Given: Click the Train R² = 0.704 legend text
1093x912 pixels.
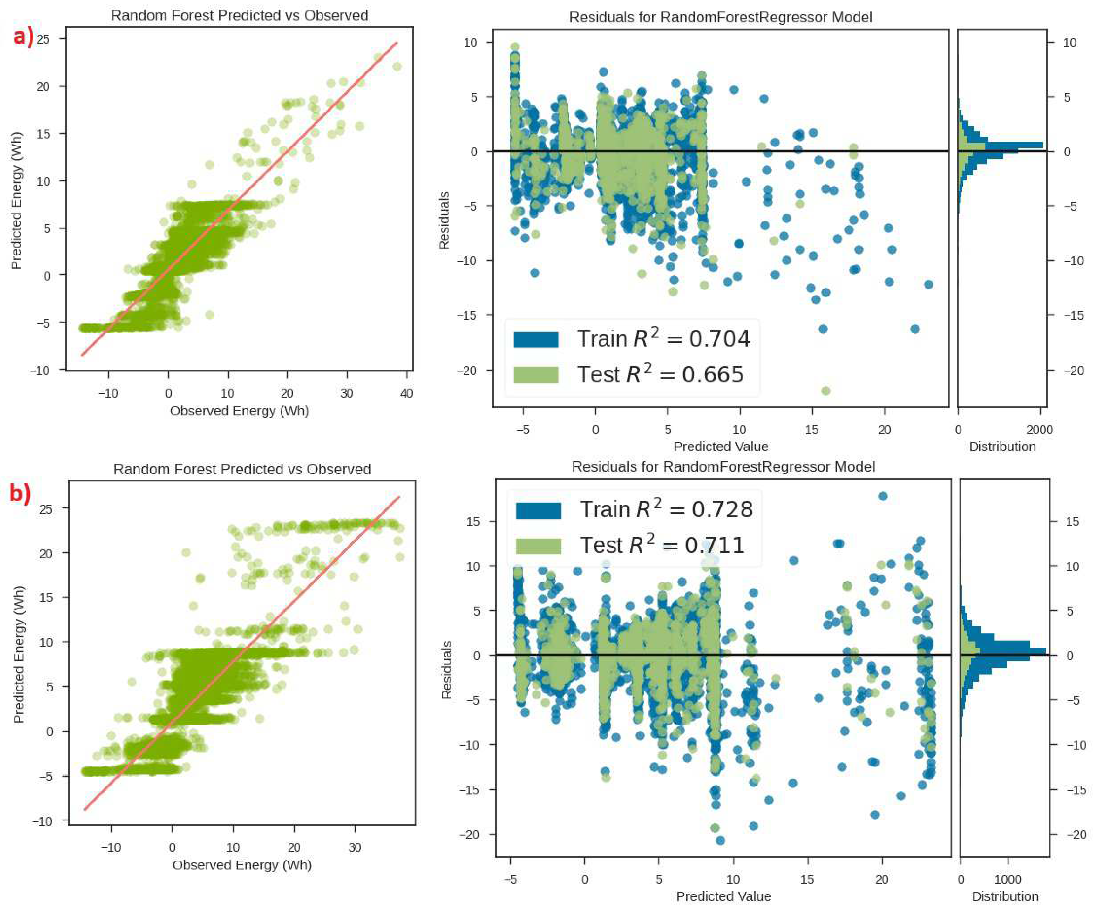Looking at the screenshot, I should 663,339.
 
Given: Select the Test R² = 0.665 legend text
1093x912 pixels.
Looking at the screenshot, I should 660,374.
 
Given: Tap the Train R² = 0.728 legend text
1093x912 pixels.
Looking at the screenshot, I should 666,509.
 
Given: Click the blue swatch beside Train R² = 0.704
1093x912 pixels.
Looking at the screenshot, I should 536,339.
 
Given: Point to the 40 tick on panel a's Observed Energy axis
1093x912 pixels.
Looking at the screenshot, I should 406,393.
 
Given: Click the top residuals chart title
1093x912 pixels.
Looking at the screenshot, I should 720,17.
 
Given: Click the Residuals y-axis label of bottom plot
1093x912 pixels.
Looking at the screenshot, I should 446,670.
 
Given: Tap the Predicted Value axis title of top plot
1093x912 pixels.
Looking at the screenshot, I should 721,447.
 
